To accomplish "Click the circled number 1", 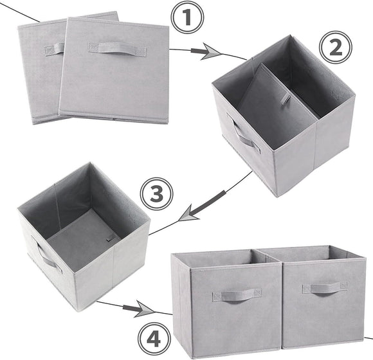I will coord(187,19).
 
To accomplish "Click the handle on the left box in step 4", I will coord(237,294).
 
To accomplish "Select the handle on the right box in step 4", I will coord(324,287).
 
